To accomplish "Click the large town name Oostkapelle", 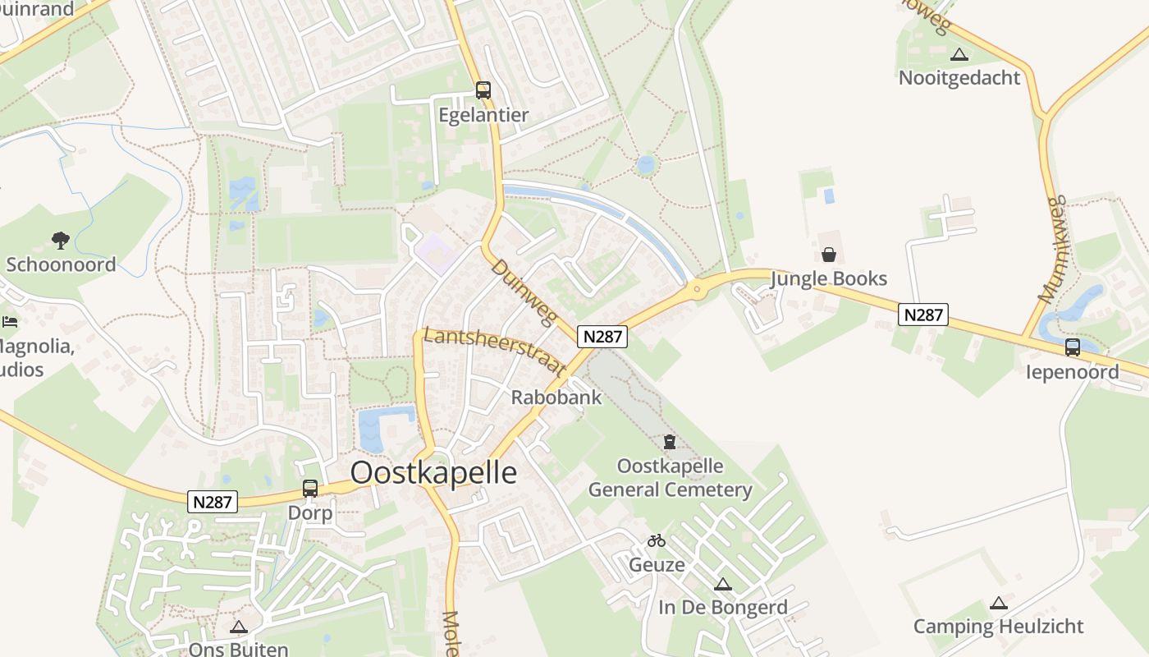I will [433, 473].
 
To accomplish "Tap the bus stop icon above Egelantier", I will [483, 90].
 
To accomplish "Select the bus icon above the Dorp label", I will [310, 489].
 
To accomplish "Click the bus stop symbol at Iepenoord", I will [1072, 347].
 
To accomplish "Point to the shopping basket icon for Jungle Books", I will [829, 255].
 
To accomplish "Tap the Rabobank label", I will [556, 397].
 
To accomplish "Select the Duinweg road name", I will [524, 292].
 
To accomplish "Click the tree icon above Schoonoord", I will [60, 240].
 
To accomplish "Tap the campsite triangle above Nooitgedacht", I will [959, 55].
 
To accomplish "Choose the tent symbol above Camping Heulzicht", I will [998, 604].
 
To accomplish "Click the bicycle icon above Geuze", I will [656, 540].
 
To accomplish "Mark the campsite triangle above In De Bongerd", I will [722, 585].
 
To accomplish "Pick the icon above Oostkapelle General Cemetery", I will [670, 442].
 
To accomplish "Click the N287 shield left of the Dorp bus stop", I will [213, 502].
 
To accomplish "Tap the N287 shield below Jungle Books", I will [923, 314].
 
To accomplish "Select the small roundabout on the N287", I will [697, 288].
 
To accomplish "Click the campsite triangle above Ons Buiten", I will [238, 627].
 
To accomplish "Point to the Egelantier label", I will [483, 115].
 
